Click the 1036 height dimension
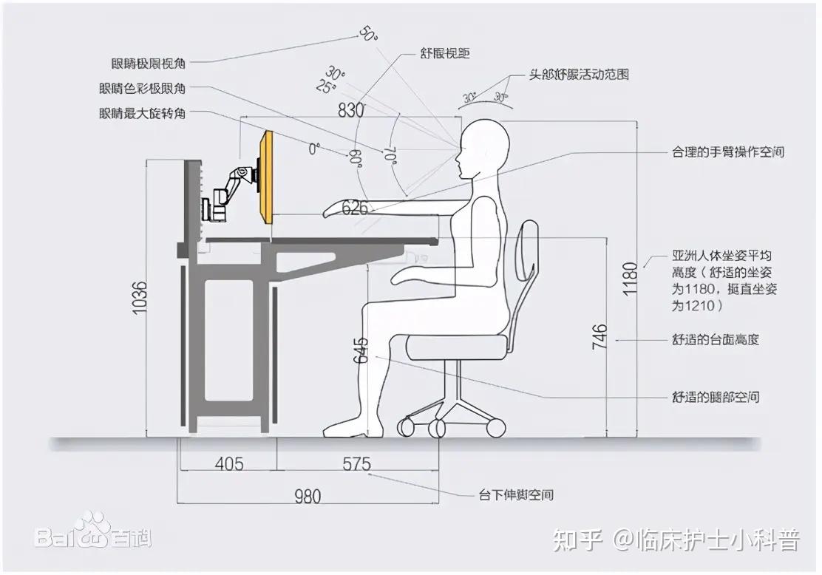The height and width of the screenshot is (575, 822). [x=140, y=299]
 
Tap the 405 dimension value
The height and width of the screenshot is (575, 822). [x=229, y=464]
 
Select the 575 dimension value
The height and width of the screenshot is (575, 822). [x=356, y=464]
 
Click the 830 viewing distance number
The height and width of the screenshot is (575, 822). [x=351, y=111]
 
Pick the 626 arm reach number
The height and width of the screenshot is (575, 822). [x=355, y=208]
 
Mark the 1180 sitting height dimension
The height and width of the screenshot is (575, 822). [x=629, y=278]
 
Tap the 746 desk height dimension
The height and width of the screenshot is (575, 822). [x=599, y=336]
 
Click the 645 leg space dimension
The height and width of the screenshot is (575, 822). [x=361, y=347]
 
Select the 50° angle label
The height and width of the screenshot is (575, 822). [x=367, y=33]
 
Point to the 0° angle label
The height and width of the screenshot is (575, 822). [x=314, y=149]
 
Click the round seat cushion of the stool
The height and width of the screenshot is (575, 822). [x=458, y=347]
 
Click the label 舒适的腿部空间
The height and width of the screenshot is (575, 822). [x=715, y=397]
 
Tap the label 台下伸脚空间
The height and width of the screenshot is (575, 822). [x=516, y=494]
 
